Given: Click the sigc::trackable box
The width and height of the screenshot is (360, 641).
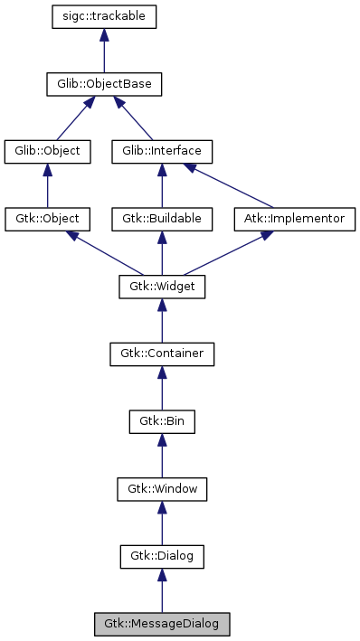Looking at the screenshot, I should (104, 16).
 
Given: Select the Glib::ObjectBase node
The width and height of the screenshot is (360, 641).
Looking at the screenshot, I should (104, 85).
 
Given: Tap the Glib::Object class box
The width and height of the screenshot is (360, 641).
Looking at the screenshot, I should (47, 151).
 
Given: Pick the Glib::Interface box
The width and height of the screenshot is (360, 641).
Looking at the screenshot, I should (162, 151).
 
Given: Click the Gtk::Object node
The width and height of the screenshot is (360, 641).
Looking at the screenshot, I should (47, 219).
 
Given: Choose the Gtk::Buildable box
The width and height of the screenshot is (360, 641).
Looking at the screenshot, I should (162, 219).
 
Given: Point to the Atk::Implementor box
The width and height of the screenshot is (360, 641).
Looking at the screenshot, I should (295, 219).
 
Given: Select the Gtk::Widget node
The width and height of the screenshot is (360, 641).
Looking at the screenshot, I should (162, 287).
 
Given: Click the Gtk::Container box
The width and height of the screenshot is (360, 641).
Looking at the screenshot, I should (162, 353).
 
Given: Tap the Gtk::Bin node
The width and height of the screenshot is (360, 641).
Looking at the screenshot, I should (162, 421).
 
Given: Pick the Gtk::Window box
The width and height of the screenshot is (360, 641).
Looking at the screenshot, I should (162, 489).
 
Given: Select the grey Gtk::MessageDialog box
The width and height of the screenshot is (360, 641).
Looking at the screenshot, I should (162, 624).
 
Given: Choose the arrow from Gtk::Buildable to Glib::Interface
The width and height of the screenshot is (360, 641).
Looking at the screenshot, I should (162, 185).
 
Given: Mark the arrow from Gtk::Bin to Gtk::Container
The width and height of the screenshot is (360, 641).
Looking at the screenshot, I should (162, 388).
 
